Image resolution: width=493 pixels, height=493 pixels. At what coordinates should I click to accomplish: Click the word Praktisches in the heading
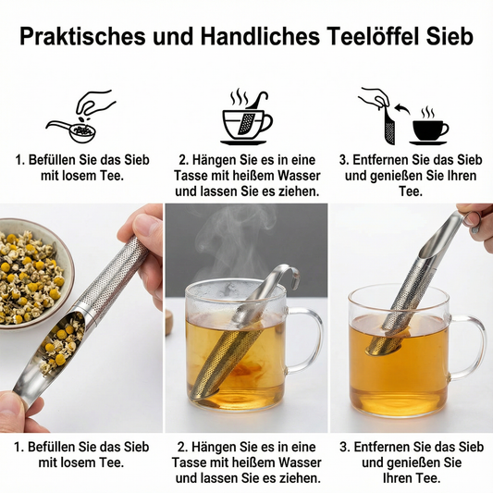point(82,36)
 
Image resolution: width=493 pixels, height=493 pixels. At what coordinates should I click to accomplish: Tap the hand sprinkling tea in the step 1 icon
point(94,102)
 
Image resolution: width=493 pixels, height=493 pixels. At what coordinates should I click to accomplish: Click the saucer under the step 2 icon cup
point(243,142)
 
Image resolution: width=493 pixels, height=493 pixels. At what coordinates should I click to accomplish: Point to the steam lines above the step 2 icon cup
point(240,96)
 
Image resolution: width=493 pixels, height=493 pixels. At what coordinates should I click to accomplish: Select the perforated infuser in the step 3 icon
point(390,128)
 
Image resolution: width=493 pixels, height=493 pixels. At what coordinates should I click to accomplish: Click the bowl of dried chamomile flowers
point(31,274)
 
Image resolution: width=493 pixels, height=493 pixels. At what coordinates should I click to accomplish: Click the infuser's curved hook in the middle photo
point(288,274)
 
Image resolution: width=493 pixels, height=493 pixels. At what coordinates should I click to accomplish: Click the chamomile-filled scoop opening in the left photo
point(61,344)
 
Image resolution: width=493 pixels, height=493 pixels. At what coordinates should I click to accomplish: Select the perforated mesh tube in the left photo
point(113,275)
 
